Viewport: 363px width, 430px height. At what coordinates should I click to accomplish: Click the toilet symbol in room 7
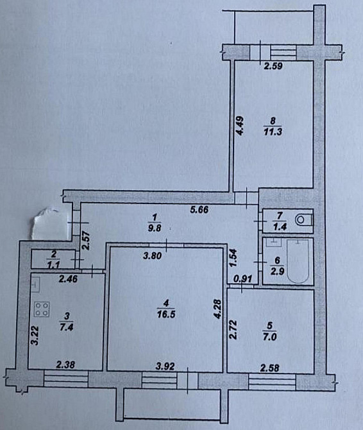point(301,220)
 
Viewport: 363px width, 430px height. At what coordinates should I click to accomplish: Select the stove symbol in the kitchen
point(42,309)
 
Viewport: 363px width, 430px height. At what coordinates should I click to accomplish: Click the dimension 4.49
point(239,141)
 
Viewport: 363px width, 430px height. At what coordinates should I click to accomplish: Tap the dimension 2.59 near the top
point(274,64)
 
